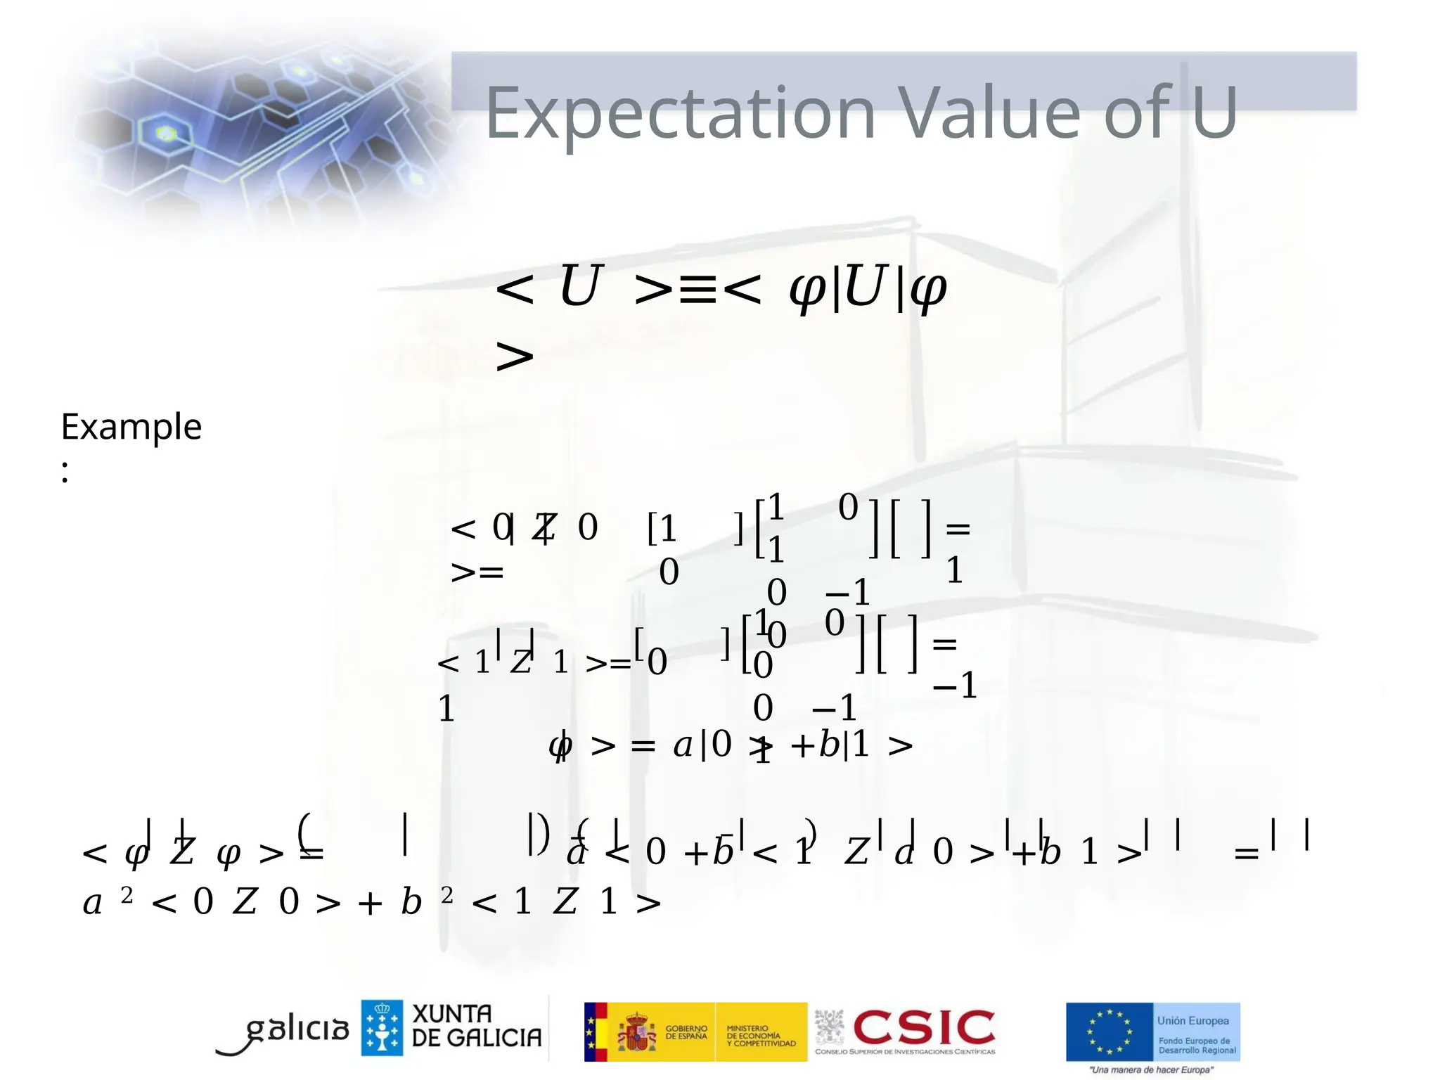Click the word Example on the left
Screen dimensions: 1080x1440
[131, 427]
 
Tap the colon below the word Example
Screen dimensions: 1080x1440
[65, 472]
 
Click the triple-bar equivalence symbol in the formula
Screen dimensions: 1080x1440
[698, 289]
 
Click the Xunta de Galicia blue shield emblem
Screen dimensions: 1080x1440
[382, 1027]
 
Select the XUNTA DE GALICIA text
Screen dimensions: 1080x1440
[476, 1026]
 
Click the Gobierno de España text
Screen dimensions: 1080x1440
[686, 1032]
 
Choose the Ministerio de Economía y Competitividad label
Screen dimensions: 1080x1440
[760, 1036]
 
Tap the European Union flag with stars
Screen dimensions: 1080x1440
[1109, 1031]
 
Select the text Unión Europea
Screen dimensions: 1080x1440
[1193, 1020]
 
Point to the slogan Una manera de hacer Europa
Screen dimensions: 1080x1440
[1151, 1069]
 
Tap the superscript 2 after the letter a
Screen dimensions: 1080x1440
[127, 895]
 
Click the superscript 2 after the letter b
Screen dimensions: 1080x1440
[446, 895]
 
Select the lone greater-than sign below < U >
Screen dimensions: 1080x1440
[515, 356]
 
